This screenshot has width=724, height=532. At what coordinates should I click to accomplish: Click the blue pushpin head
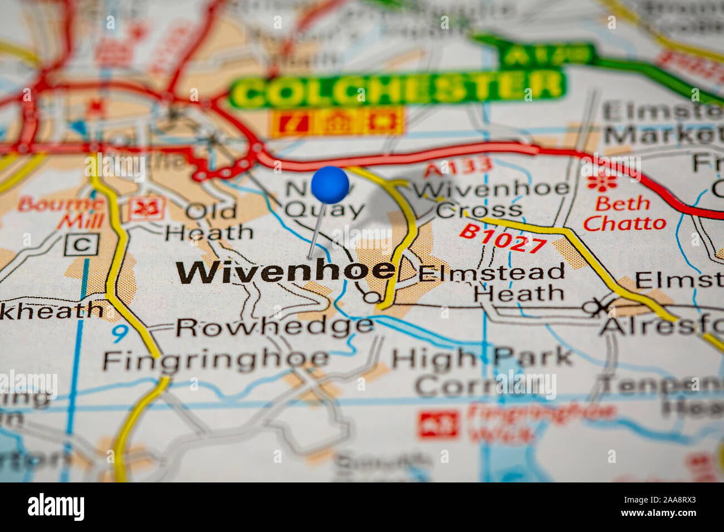click(x=330, y=185)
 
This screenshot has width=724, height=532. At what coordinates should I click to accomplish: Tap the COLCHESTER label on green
click(x=398, y=88)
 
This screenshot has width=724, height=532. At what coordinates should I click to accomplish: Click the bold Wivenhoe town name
click(x=286, y=271)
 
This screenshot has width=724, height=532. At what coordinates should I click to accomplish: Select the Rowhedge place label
click(x=274, y=327)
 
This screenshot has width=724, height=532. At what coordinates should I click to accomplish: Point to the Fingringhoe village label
click(x=216, y=361)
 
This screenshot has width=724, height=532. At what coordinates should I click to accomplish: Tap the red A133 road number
click(x=458, y=166)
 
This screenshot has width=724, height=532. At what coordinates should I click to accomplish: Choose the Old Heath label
click(x=211, y=221)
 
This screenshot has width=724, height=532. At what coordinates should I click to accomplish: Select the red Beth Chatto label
click(x=624, y=214)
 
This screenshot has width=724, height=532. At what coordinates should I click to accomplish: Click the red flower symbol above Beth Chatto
click(x=601, y=181)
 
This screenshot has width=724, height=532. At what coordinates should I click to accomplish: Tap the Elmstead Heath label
click(x=492, y=283)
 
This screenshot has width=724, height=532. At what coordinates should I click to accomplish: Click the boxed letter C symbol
click(x=81, y=244)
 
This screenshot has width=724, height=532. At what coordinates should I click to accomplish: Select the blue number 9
click(x=119, y=333)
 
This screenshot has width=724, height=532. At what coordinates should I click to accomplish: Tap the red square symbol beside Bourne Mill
click(x=147, y=208)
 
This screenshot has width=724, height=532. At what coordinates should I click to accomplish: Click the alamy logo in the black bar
click(x=56, y=507)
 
